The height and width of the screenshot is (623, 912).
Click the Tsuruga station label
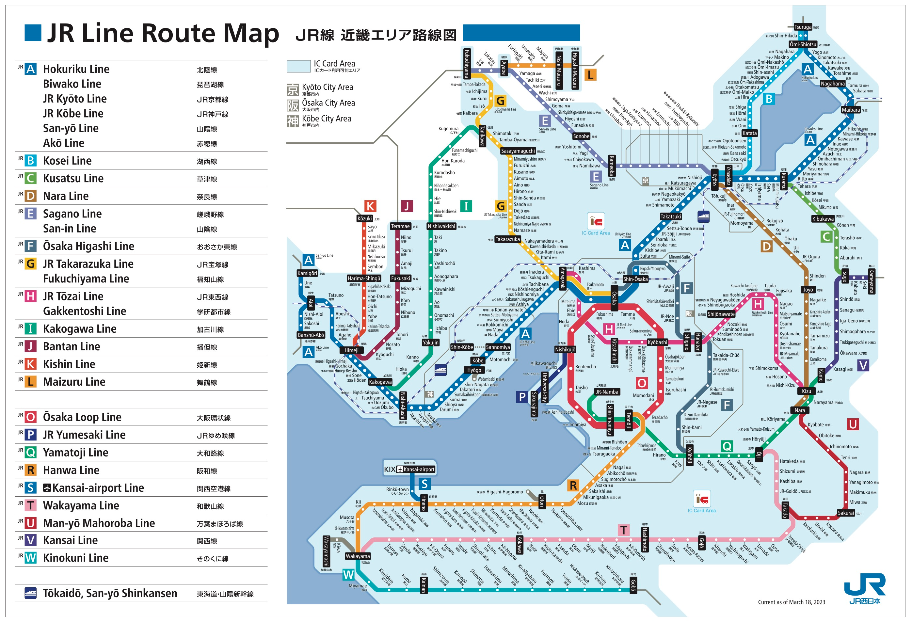click(x=803, y=27)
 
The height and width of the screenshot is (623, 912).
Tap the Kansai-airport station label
click(x=419, y=469)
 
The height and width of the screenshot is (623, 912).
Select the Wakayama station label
click(x=358, y=556)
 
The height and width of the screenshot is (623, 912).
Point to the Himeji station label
click(x=351, y=350)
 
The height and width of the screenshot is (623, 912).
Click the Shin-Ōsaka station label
click(x=635, y=279)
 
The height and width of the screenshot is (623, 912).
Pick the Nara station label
click(x=799, y=410)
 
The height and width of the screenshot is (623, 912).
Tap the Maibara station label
click(x=850, y=110)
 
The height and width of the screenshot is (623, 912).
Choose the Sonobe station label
click(x=581, y=136)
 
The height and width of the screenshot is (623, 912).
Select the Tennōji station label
click(x=628, y=420)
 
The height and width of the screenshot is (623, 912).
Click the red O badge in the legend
click(x=31, y=417)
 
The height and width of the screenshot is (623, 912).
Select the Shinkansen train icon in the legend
click(x=31, y=593)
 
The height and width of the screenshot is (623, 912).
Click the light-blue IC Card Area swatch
click(x=298, y=66)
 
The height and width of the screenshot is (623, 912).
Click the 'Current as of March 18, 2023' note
click(x=791, y=602)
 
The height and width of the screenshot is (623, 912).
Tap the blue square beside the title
click(x=33, y=33)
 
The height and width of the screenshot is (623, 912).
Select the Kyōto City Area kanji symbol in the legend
click(x=292, y=90)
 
